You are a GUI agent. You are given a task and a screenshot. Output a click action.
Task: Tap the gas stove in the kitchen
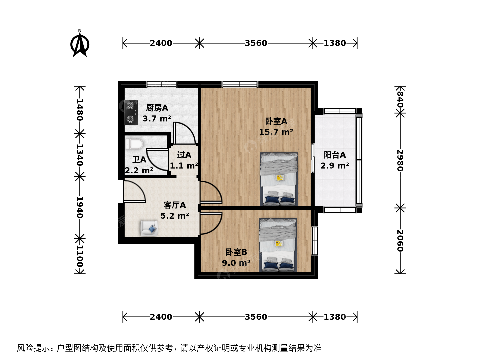click(131, 112)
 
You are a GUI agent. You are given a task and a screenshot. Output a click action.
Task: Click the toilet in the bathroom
click(134, 144)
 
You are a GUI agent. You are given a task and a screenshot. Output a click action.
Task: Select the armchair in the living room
click(149, 228)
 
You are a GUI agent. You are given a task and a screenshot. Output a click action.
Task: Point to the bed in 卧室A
click(279, 179)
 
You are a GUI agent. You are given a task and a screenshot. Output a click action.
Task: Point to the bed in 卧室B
click(278, 245)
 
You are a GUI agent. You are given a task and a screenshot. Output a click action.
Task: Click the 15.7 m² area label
click(276, 132)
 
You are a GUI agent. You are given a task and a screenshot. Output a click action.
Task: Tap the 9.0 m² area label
click(236, 263)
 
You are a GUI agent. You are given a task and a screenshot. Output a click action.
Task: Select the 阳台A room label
click(335, 155)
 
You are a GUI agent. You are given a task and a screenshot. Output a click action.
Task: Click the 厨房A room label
click(157, 108)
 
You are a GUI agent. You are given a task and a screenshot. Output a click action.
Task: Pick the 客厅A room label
click(175, 205)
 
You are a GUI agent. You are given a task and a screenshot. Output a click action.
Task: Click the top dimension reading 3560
click(256, 43)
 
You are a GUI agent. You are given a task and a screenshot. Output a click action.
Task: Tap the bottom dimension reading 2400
click(161, 317)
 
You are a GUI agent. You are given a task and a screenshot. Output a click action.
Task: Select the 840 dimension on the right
click(400, 100)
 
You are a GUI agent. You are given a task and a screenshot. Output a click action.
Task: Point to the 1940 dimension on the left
click(80, 207)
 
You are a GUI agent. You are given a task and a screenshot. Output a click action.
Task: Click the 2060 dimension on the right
click(400, 241)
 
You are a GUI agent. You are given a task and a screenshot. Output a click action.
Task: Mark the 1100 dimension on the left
click(80, 256)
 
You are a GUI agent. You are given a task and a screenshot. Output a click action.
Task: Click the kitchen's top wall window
click(162, 84)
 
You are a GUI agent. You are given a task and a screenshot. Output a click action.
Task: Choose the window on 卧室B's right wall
click(315, 240)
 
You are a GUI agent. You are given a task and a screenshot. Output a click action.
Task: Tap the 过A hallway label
click(184, 155)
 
